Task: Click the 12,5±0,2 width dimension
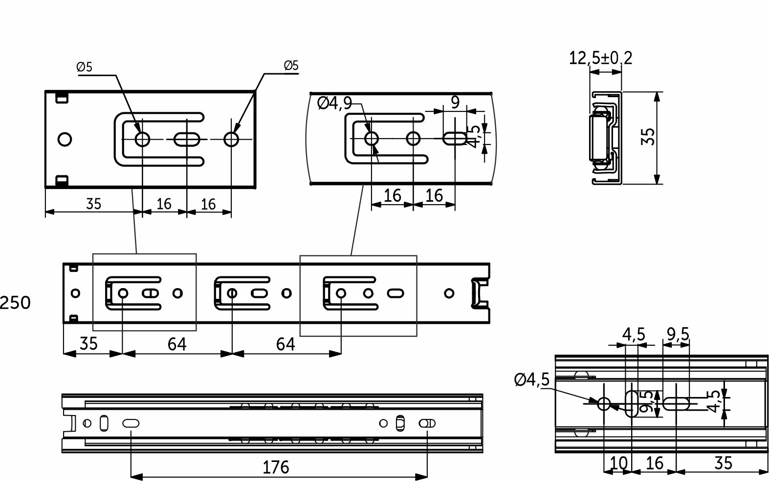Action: point(600,58)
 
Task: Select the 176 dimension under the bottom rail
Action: point(276,467)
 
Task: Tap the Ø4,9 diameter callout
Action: point(334,103)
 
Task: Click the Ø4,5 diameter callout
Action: point(532,379)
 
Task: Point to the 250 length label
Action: point(15,303)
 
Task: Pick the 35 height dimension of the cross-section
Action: point(648,137)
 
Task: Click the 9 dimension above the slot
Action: point(455,102)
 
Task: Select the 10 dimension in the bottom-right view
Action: point(618,462)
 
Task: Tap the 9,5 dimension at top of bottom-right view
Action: point(678,335)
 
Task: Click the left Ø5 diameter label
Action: point(84,67)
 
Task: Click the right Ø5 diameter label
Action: point(291,65)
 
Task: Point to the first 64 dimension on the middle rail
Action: point(176,344)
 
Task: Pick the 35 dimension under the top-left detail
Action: point(93,204)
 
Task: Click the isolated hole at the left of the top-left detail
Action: point(65,140)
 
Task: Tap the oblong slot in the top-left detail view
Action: point(187,140)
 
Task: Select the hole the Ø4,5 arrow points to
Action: point(604,403)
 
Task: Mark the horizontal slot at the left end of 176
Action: point(131,423)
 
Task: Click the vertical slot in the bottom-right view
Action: point(632,403)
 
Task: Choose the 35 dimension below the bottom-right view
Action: point(723,462)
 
